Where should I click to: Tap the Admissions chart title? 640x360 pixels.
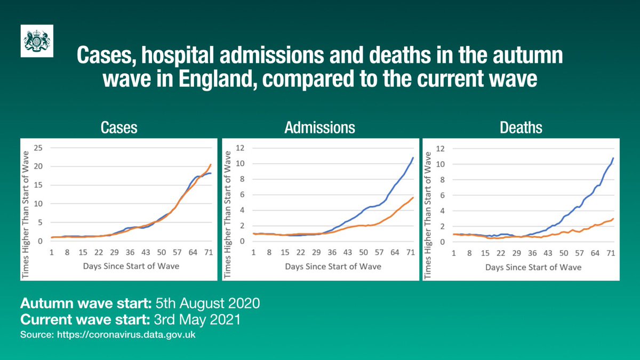(x=320, y=128)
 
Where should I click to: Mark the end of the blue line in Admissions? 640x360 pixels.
(x=413, y=158)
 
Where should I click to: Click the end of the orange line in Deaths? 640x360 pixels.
(x=613, y=219)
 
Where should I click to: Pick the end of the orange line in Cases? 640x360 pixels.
(x=211, y=164)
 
